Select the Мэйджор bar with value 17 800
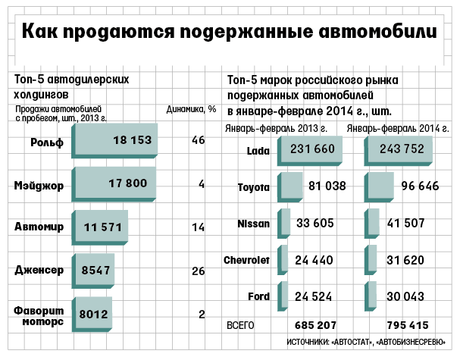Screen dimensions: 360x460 click(114, 183)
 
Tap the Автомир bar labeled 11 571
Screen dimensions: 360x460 click(99, 227)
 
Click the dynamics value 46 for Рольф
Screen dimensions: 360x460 click(199, 140)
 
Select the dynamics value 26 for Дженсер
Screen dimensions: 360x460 click(199, 269)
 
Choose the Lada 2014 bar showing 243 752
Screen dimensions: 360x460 click(397, 149)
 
